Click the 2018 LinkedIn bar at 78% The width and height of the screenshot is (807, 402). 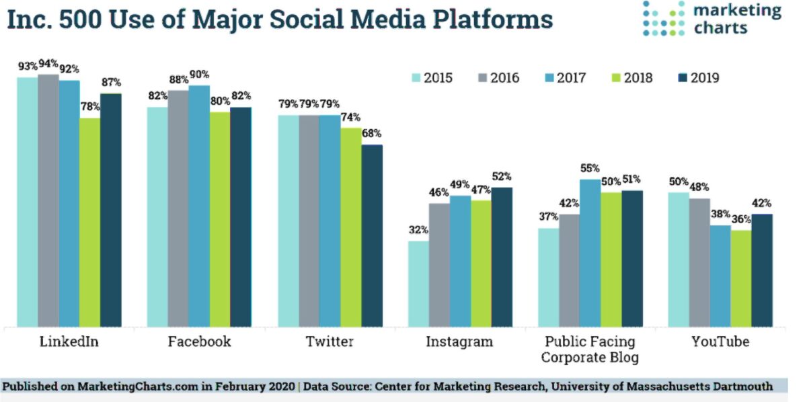click(89, 222)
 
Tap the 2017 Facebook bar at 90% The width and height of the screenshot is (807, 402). click(199, 206)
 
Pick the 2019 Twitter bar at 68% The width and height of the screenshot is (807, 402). click(372, 235)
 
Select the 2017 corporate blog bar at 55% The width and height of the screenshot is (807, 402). click(590, 253)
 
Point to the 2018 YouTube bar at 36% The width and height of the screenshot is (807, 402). click(740, 278)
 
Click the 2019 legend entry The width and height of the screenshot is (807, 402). click(695, 78)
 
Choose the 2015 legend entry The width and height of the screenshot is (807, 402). click(431, 78)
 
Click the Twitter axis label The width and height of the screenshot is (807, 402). click(330, 341)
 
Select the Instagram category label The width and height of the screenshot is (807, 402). click(459, 341)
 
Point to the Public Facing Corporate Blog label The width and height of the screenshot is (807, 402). click(589, 349)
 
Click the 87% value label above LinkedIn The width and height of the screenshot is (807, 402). click(111, 83)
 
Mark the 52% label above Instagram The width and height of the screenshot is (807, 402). click(502, 177)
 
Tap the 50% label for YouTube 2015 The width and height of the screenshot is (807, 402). click(679, 182)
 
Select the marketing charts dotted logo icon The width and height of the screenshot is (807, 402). click(663, 18)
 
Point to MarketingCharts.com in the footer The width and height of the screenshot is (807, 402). click(120, 386)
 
